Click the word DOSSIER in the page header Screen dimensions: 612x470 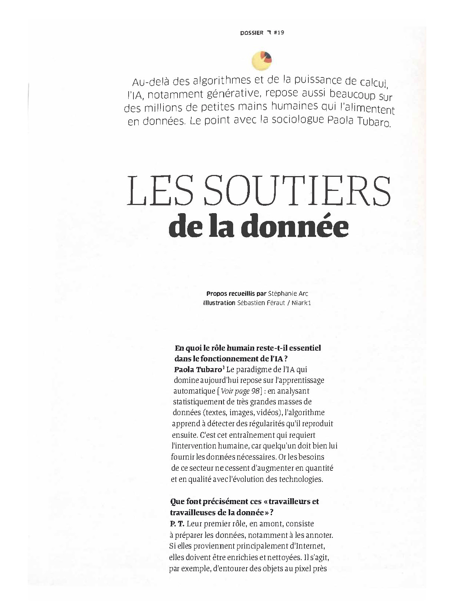pyautogui.click(x=251, y=32)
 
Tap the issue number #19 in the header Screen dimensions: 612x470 pyautogui.click(x=279, y=32)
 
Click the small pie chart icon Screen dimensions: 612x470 pyautogui.click(x=262, y=61)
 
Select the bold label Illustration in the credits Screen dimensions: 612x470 pyautogui.click(x=219, y=303)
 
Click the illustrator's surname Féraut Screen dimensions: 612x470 pyautogui.click(x=274, y=303)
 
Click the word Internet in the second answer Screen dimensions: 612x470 pyautogui.click(x=311, y=546)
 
